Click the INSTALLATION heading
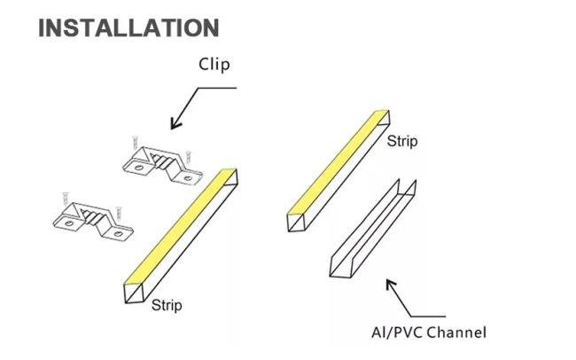(x=128, y=27)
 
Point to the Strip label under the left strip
(x=166, y=306)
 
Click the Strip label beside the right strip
(x=402, y=142)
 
